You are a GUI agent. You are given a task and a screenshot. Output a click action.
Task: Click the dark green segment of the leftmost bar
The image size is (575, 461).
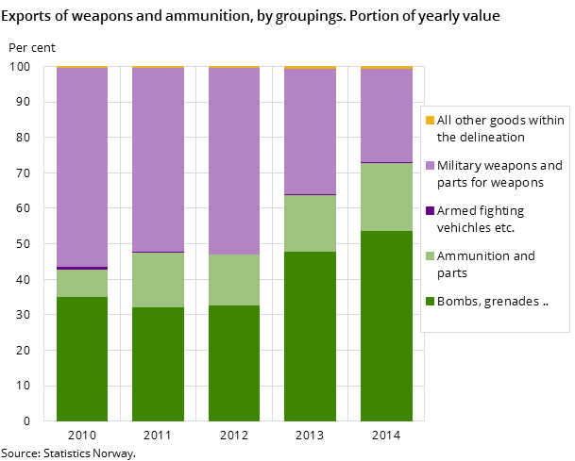coord(82,358)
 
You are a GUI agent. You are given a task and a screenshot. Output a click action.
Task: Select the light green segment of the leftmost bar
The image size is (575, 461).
coord(82,284)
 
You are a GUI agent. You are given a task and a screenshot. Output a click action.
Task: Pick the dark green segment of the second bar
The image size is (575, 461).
coord(158,364)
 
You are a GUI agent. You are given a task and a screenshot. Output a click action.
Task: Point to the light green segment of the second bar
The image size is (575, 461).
coord(158,280)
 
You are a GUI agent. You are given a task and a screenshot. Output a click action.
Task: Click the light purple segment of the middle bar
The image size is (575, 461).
coord(234,161)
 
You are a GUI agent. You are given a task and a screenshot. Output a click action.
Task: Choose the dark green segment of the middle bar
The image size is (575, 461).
coord(234,363)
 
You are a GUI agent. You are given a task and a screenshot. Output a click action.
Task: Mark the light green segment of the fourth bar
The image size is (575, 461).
coord(310,223)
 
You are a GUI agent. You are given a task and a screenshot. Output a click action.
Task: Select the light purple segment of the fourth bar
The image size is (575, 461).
coord(310,132)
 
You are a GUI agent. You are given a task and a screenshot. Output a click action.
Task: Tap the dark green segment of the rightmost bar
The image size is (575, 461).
coord(386,325)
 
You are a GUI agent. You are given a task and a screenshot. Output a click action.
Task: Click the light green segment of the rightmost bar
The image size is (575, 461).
coord(386,197)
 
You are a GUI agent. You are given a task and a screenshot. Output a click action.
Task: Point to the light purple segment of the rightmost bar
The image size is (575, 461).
coord(386,116)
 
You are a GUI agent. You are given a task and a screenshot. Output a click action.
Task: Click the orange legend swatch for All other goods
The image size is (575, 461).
coord(431,121)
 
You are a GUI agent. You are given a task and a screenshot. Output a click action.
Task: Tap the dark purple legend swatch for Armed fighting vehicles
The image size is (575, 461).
coord(431,211)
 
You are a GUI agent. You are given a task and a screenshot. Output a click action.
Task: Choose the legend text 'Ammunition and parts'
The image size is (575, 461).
coord(485,264)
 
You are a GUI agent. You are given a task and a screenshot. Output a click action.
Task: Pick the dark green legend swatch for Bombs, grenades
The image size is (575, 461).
coord(431,302)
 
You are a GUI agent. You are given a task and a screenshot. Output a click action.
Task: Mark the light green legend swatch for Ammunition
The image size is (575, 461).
coord(431,256)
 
